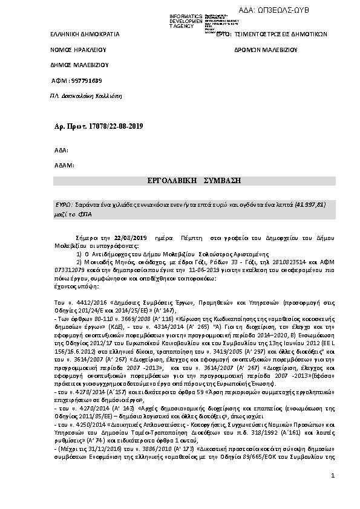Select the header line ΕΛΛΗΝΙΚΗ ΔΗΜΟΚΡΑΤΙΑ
pos(84,34)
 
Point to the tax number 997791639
pos(87,81)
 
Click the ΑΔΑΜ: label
pos(64,164)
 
